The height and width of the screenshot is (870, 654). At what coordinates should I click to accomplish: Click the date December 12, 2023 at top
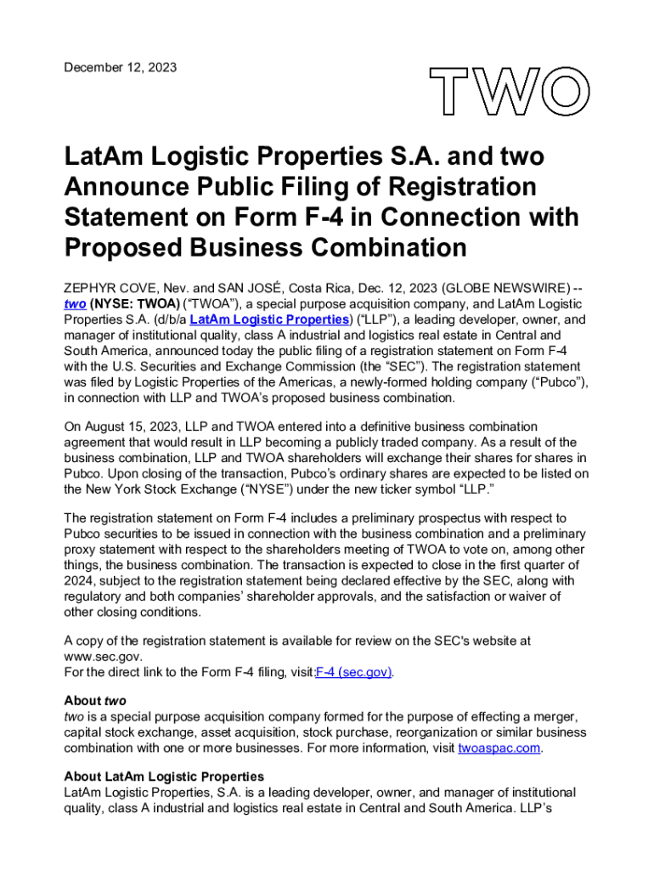(121, 67)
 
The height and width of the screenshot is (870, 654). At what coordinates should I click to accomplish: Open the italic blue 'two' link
(75, 304)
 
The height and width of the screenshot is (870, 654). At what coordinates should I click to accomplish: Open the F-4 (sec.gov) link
(353, 672)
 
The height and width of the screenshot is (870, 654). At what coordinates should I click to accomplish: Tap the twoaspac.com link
(499, 749)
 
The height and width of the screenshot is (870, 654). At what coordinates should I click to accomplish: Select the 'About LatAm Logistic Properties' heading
(164, 777)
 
